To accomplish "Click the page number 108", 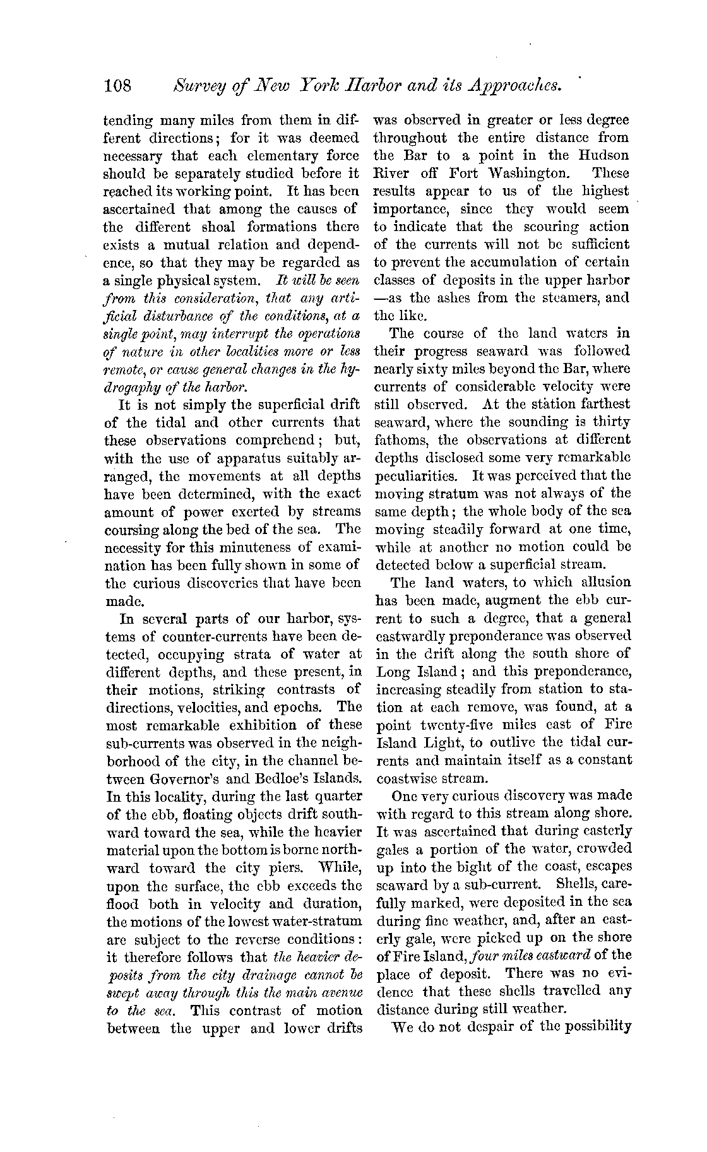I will coord(118,85).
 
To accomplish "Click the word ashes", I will coord(459,298).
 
